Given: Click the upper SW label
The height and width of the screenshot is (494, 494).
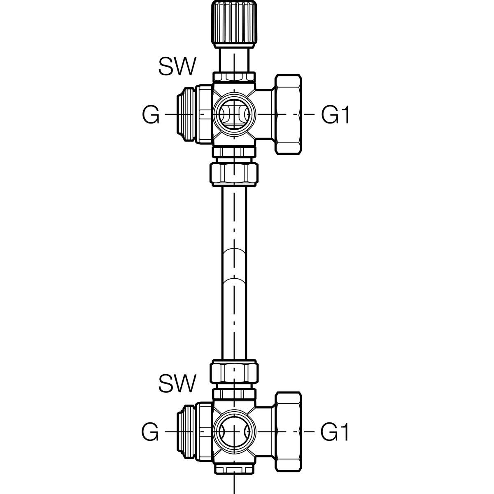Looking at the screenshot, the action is pos(177,66).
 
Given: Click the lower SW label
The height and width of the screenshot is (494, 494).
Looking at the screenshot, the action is pos(177,383).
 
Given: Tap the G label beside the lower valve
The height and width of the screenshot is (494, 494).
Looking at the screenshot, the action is pos(150,432).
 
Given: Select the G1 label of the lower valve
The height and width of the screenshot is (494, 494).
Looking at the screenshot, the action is pos(335,432).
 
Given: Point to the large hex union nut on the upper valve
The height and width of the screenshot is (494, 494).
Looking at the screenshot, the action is pos(288,114).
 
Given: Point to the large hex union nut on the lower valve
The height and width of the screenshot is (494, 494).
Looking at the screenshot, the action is pos(288,432).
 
